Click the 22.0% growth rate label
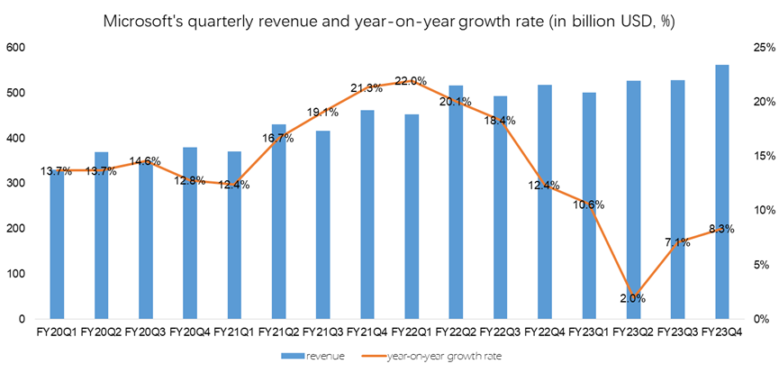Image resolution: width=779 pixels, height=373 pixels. (x=411, y=81)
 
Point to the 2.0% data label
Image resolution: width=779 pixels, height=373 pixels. (x=632, y=298)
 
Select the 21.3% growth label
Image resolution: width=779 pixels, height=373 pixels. (x=367, y=87)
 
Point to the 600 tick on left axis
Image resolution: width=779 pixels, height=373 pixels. (x=16, y=48)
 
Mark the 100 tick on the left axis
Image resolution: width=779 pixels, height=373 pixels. (x=16, y=274)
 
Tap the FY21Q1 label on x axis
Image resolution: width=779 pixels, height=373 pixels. (x=234, y=332)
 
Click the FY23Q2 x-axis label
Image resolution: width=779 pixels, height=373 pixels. (x=632, y=332)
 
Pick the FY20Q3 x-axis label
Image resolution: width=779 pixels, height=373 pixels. (x=145, y=332)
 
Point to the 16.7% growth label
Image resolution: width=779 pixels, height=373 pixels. (x=278, y=138)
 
